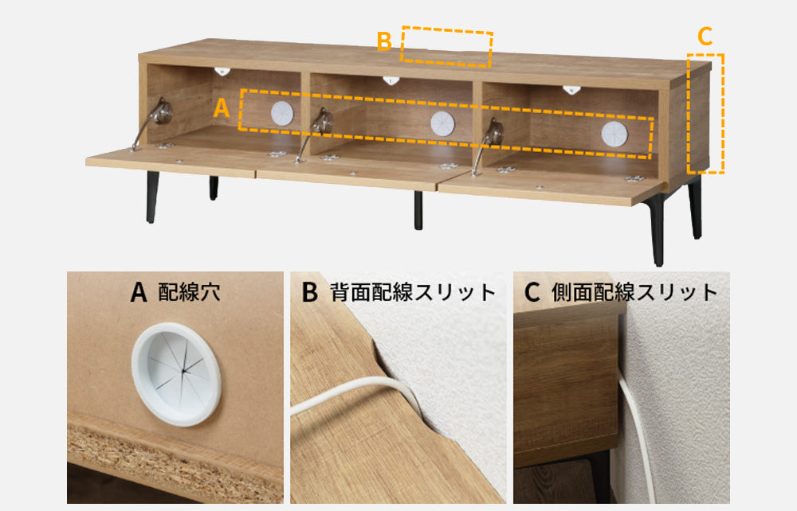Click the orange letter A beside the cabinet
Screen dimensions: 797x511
point(222,108)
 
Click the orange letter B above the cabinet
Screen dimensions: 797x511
point(384,41)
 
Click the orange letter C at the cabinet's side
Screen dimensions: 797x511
point(705,37)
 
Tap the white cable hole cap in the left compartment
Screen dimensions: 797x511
point(282,113)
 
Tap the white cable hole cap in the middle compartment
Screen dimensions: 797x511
point(442,124)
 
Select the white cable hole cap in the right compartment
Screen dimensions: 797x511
point(614,135)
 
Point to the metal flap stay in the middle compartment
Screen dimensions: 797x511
point(315,133)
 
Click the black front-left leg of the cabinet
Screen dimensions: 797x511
point(152,197)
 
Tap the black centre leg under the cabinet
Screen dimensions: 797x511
point(418,210)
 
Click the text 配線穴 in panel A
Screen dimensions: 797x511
point(189,292)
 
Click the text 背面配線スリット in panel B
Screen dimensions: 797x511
point(413,292)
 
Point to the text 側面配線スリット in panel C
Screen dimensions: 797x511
point(634,292)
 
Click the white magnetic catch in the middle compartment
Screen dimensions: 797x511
point(391,80)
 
